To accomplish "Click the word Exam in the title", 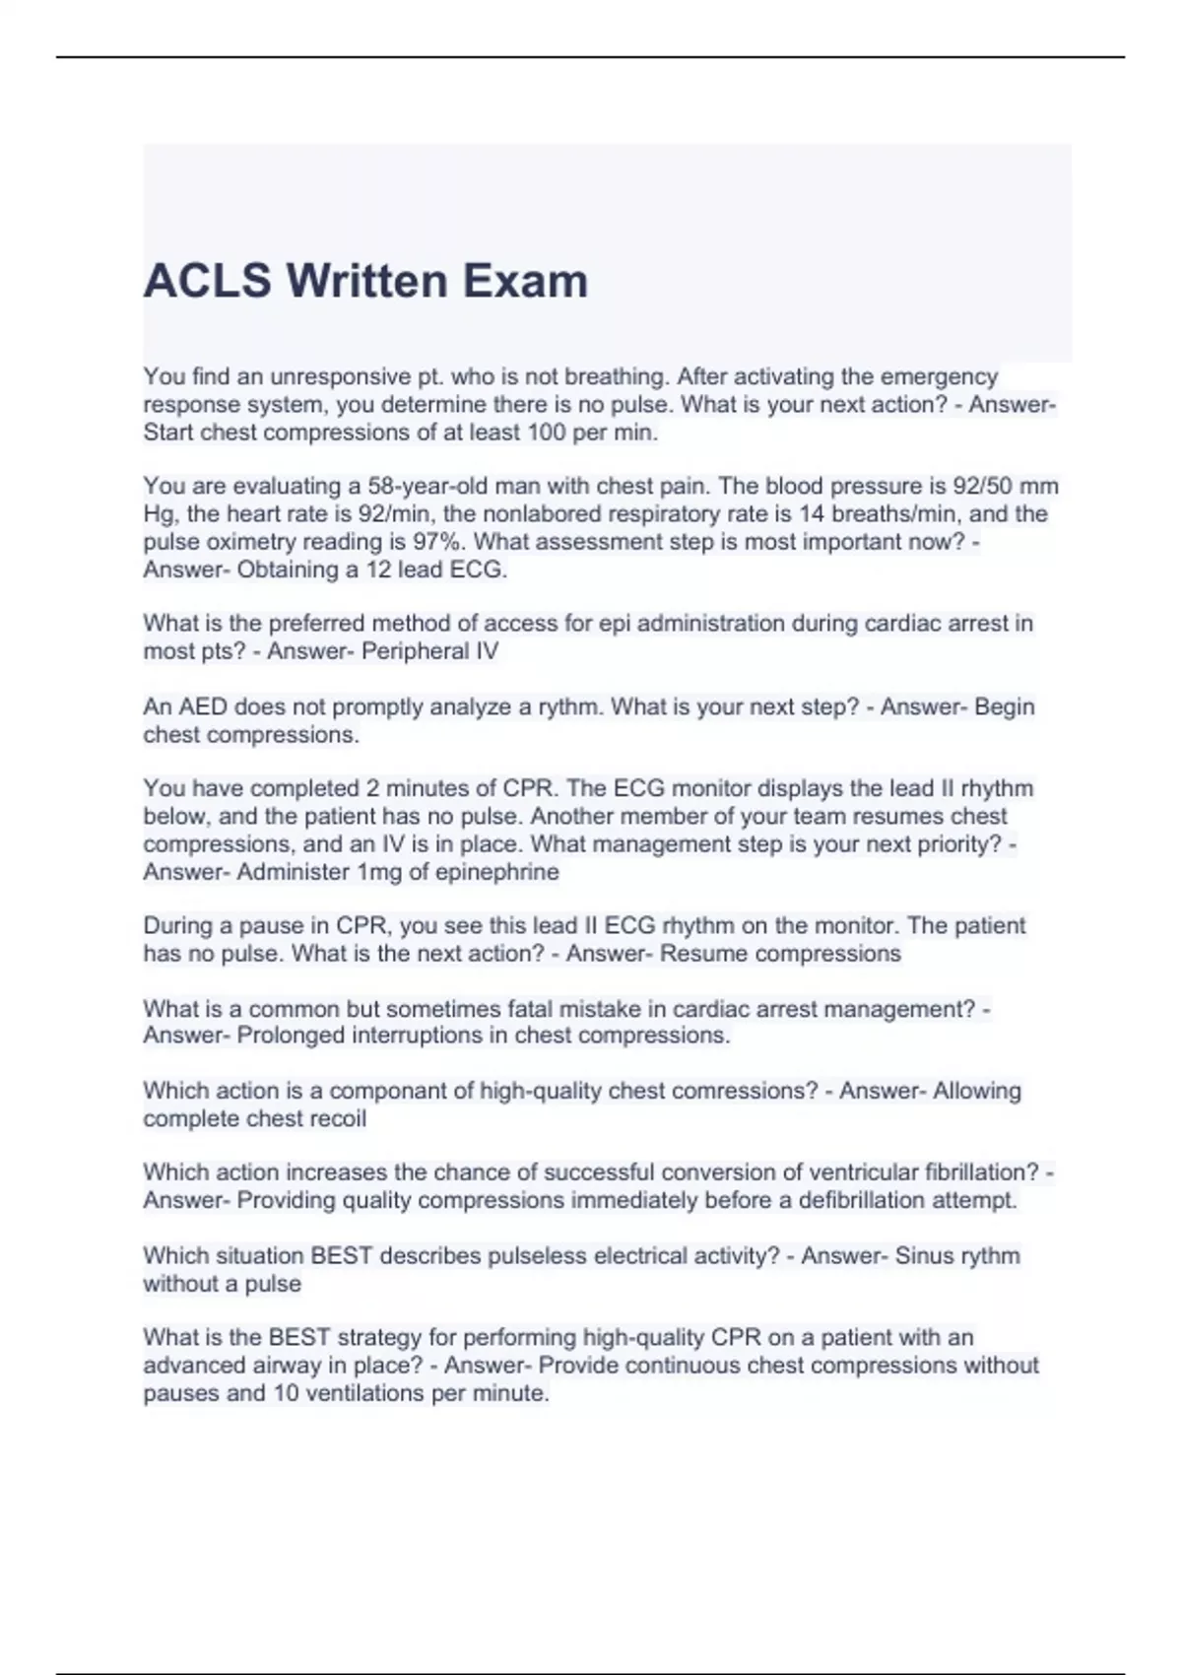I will (525, 281).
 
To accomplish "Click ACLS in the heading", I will (207, 281).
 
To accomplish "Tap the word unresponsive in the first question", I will (333, 376).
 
